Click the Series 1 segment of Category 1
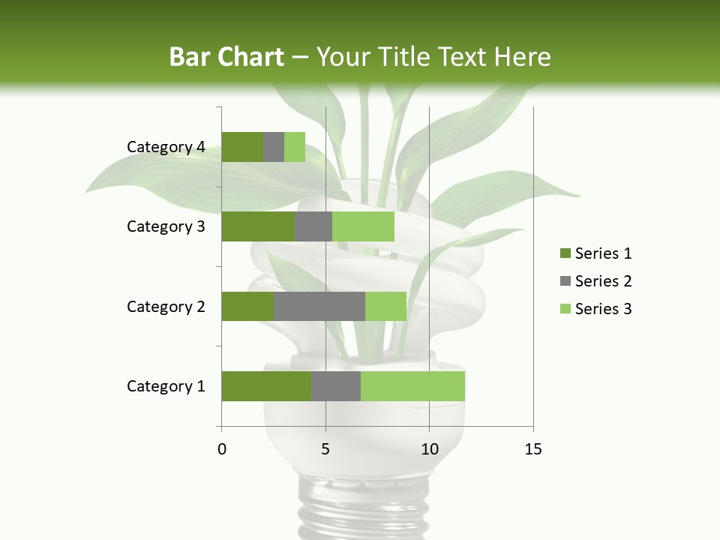coord(266,386)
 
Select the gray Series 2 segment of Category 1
coord(336,386)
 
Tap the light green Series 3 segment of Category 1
coord(412,386)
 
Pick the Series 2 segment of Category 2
coord(319,306)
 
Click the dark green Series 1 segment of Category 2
coord(247,306)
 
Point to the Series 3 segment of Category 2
coord(385,306)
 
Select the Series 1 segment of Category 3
coord(258,226)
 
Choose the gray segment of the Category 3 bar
coord(313,226)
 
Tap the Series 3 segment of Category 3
coord(363,226)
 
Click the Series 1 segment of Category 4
coord(242,147)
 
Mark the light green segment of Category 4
coord(295,147)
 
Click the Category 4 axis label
coord(166,147)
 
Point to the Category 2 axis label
coord(166,306)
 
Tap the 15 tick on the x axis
coord(532,449)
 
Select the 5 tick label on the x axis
coord(325,449)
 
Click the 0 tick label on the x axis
coord(222,449)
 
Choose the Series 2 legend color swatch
coord(565,281)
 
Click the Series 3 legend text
coord(603,309)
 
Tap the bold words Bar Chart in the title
coord(226,57)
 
